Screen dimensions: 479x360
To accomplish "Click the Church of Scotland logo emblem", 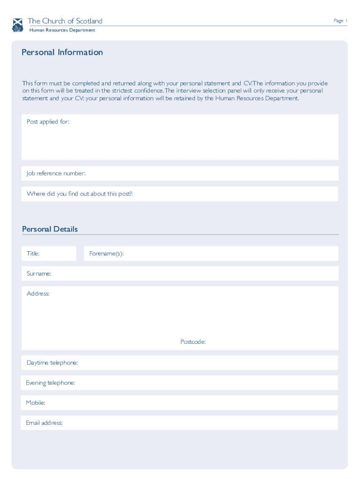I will coord(17,25).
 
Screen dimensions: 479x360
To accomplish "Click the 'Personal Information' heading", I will coord(62,52).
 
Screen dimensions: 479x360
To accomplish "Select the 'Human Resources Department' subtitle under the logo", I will coord(62,30).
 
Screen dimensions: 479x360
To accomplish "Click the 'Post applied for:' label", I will coord(48,122).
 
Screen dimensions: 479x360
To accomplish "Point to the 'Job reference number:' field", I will coord(180,174).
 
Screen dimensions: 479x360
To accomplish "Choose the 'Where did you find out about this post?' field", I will coord(180,194).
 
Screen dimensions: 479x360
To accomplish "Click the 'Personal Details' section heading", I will coord(50,229).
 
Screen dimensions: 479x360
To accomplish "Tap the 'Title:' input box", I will coord(49,254).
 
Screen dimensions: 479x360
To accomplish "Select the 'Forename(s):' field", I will coord(210,254).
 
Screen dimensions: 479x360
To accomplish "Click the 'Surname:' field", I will coord(180,274).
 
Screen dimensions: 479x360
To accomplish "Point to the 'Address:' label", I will coord(38,294).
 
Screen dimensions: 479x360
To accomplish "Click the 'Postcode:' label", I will coord(193,342).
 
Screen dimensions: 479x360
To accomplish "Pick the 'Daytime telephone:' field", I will coord(180,363).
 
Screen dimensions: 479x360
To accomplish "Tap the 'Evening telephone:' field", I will coord(180,383).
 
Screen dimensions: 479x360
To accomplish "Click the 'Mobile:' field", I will coord(180,403).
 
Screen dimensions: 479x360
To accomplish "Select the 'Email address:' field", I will coord(180,423).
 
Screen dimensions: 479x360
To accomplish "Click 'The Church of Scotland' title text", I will coord(65,21).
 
